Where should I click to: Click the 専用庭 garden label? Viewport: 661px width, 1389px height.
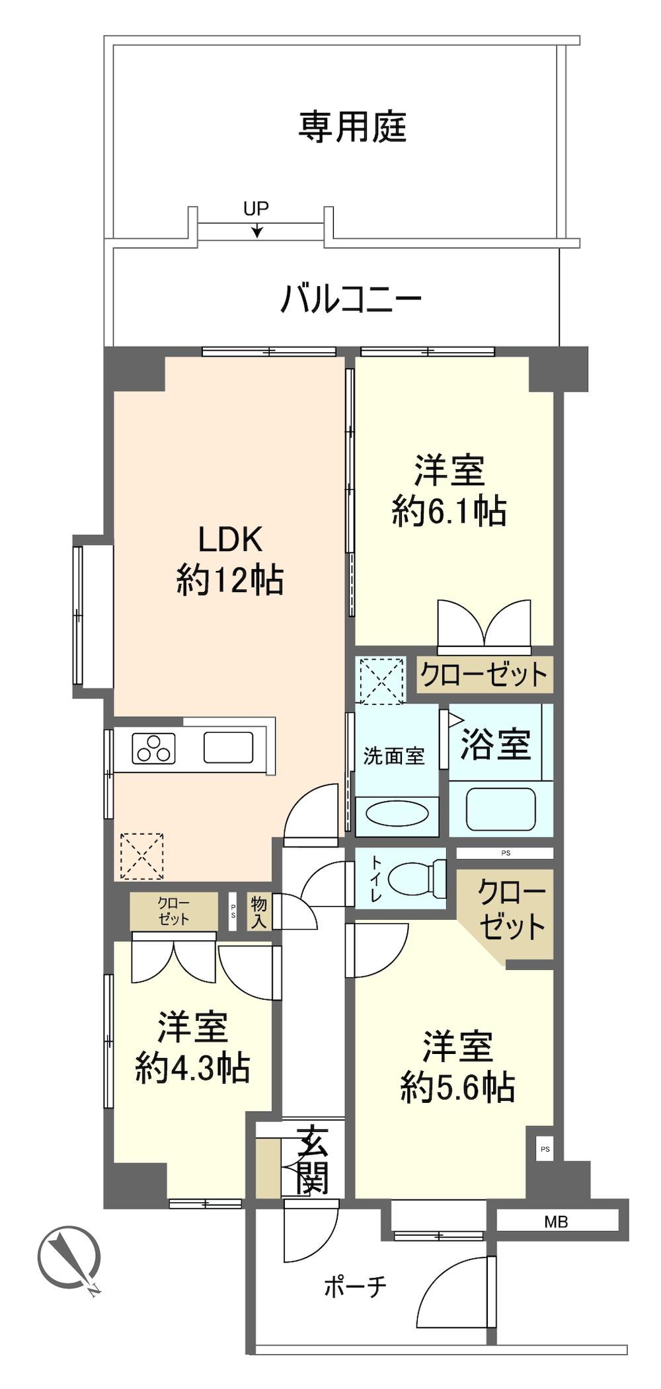click(x=352, y=127)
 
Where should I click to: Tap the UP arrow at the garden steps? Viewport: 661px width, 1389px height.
click(x=256, y=229)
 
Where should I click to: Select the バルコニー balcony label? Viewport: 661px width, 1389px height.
click(x=351, y=300)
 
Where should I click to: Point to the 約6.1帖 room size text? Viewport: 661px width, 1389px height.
click(x=449, y=511)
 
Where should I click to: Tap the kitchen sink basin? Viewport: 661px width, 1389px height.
click(x=228, y=747)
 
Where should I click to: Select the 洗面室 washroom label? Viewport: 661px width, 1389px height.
click(x=394, y=756)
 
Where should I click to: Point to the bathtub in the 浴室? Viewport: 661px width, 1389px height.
click(x=500, y=809)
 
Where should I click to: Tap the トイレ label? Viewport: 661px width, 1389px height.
click(x=375, y=880)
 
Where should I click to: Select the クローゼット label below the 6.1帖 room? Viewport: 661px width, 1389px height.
click(x=485, y=675)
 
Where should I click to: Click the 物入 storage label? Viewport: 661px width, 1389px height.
click(x=258, y=912)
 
